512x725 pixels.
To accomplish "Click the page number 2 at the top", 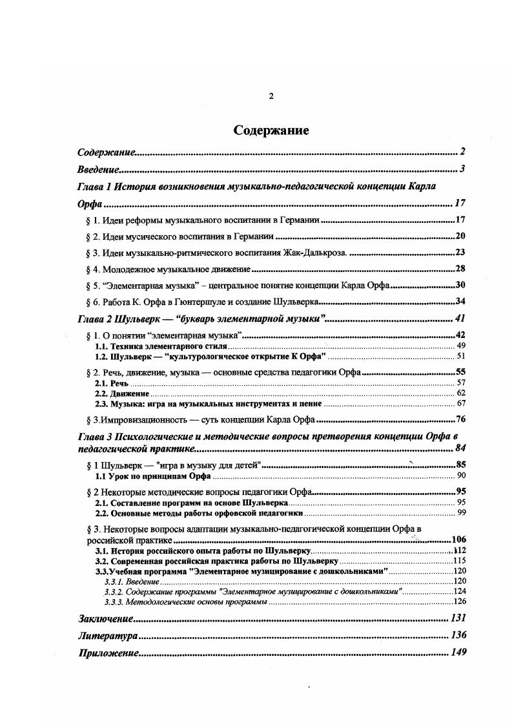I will pyautogui.click(x=271, y=96).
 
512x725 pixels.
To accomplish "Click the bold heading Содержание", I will pyautogui.click(x=271, y=131).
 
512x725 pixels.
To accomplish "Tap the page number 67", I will pyautogui.click(x=461, y=403).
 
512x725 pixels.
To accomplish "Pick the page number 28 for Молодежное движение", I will pyautogui.click(x=460, y=269).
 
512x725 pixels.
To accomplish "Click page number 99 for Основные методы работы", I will pyautogui.click(x=461, y=512).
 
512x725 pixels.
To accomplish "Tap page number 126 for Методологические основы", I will pyautogui.click(x=460, y=602).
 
